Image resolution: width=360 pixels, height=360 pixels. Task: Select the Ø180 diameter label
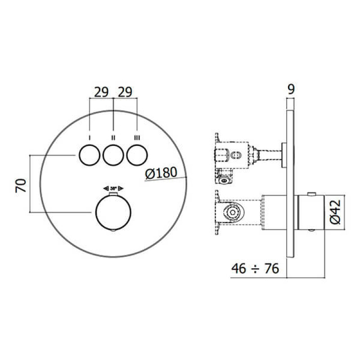(x=162, y=172)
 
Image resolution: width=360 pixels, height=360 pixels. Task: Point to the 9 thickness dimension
(x=291, y=90)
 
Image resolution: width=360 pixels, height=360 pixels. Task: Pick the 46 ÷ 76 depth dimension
(x=255, y=269)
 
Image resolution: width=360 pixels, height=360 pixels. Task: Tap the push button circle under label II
(x=113, y=156)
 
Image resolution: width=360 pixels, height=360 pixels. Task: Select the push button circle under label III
(x=137, y=156)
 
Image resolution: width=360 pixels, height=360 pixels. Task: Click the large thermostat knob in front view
(x=113, y=213)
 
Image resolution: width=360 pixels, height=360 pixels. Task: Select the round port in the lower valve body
(x=232, y=212)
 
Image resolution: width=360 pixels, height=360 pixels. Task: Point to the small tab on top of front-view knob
(x=113, y=194)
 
